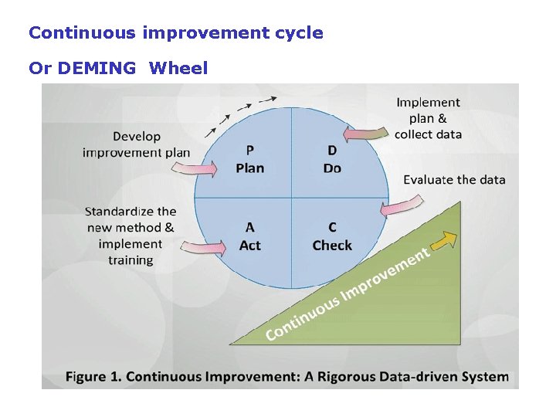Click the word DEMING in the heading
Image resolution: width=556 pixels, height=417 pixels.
coord(95,68)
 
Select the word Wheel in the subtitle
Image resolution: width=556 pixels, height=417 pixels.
coord(178,68)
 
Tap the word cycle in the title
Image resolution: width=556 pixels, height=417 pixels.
coord(297,33)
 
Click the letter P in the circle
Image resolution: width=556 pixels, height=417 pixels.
coord(250,150)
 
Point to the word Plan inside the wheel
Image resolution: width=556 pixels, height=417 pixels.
coord(250,168)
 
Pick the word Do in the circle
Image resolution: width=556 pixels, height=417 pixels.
coord(332,168)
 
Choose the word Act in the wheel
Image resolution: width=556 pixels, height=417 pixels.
coord(250,246)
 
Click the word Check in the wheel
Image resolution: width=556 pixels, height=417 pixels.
coord(332,246)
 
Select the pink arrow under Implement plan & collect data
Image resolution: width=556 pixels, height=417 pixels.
coord(365,134)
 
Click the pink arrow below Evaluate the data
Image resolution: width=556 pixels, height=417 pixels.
coord(402,206)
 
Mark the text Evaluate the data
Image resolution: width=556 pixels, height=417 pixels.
coord(454,180)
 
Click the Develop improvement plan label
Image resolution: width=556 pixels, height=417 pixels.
coord(137,144)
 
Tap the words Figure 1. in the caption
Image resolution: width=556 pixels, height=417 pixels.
coord(93,377)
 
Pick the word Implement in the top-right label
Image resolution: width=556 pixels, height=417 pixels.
coord(428,102)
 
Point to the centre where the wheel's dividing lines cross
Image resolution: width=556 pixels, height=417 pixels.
coord(291,198)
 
